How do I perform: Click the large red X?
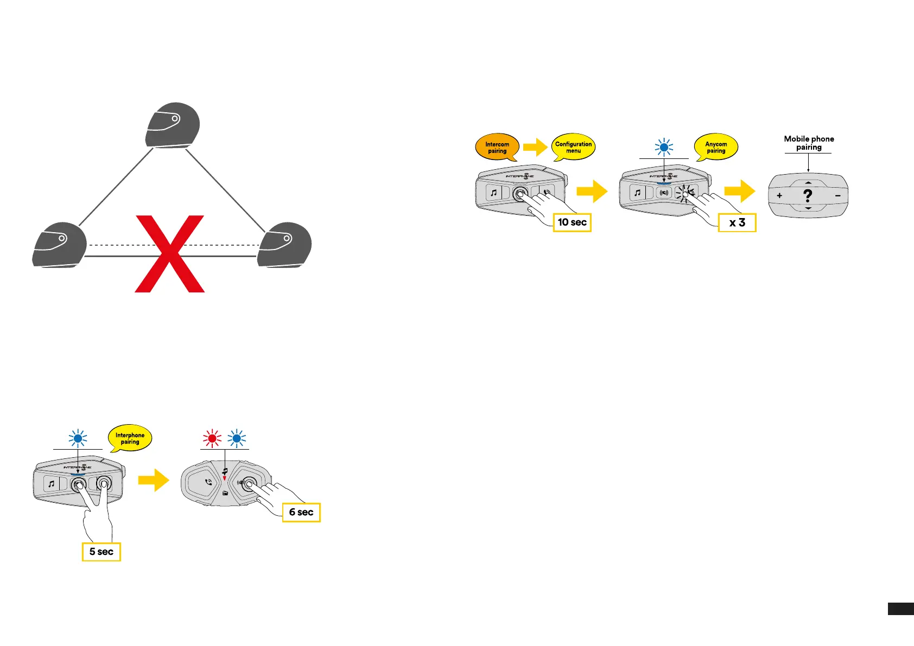170,254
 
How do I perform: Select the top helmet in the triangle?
173,125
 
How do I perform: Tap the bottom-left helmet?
59,245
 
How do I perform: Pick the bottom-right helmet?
284,245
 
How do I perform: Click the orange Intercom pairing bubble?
497,147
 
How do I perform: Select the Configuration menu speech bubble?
573,147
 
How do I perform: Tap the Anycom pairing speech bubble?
716,147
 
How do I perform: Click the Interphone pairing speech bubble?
130,438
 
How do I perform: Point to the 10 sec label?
572,222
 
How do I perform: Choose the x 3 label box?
737,222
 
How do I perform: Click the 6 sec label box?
301,512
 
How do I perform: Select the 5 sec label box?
101,552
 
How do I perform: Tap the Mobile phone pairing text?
809,143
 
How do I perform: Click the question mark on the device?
808,195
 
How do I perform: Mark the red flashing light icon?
212,438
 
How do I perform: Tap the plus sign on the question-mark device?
779,195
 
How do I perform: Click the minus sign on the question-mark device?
837,195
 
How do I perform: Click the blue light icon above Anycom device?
664,147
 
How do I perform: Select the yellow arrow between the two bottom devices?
154,480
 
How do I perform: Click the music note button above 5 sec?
51,483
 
